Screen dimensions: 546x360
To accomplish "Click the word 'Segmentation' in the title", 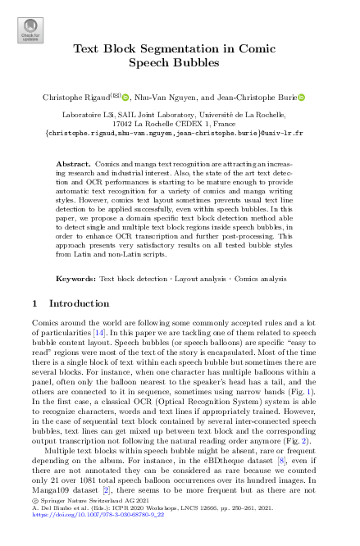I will coord(164,48).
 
